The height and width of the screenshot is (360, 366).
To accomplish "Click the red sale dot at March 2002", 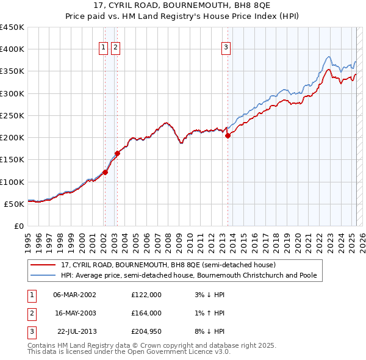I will [x=105, y=172].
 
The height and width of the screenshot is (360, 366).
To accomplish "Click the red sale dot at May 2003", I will [x=118, y=154].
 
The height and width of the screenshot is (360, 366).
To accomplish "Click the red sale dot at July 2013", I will [x=228, y=135].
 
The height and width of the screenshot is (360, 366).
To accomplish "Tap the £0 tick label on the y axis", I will [x=19, y=226].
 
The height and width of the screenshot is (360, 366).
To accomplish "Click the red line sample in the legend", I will [x=44, y=265].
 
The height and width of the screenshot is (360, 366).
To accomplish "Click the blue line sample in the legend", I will [x=44, y=275].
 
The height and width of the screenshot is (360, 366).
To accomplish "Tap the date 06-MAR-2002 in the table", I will [x=75, y=295].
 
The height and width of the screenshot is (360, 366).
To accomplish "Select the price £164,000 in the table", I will [x=146, y=313].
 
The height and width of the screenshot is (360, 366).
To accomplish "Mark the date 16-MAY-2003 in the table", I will [x=75, y=313].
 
